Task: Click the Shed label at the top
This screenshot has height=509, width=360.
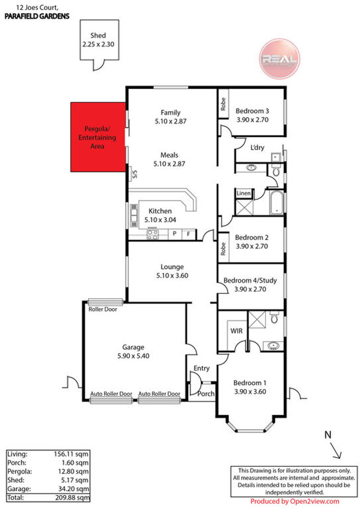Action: (98, 36)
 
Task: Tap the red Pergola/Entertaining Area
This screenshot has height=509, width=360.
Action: (98, 137)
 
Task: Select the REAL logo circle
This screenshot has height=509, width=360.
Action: (279, 59)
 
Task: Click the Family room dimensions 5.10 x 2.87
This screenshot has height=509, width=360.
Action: (170, 121)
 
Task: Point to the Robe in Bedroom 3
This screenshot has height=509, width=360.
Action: (223, 104)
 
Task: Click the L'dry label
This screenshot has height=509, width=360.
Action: (257, 147)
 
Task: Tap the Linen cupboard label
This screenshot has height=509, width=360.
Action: (243, 194)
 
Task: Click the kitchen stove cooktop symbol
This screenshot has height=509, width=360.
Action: (153, 234)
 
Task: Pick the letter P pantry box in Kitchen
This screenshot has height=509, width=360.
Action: (175, 233)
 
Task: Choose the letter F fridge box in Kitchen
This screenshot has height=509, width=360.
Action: (189, 233)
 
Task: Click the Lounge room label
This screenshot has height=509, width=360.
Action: (172, 267)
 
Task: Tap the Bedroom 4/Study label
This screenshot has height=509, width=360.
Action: (250, 280)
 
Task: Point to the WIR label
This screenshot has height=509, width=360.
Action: (236, 331)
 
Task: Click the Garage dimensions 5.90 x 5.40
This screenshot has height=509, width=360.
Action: (133, 356)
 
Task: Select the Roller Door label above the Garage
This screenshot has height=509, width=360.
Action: (103, 309)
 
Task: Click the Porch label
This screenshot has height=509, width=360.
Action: (206, 394)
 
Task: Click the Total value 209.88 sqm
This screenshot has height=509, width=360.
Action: (72, 497)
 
